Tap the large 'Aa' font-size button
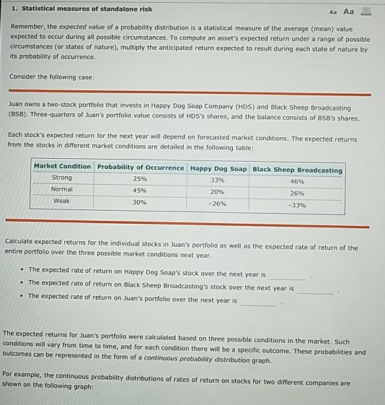pyautogui.click(x=349, y=11)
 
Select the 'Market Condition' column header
pyautogui.click(x=63, y=167)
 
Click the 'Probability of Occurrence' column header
pyautogui.click(x=141, y=167)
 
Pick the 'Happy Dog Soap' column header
pyautogui.click(x=218, y=168)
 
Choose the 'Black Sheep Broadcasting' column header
pyautogui.click(x=297, y=170)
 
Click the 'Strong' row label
pyautogui.click(x=62, y=178)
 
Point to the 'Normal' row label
pyautogui.click(x=63, y=189)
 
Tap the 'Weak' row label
pyautogui.click(x=62, y=201)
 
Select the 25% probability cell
pyautogui.click(x=140, y=178)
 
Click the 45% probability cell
pyautogui.click(x=141, y=191)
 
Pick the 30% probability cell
pyautogui.click(x=140, y=203)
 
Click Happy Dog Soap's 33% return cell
pyautogui.click(x=218, y=180)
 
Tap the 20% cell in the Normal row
pyautogui.click(x=218, y=192)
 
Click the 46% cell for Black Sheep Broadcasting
pyautogui.click(x=297, y=181)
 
